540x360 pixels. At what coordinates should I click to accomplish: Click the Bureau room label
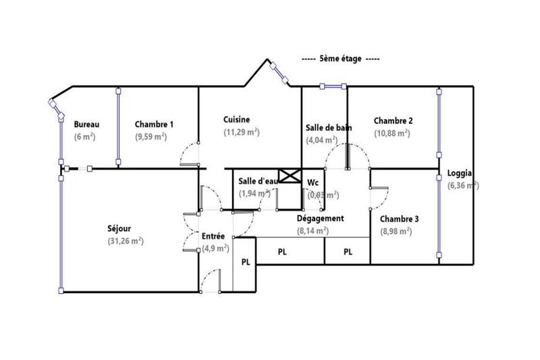(87, 124)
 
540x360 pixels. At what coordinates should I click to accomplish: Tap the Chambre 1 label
(154, 124)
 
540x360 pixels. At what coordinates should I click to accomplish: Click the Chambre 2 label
(394, 121)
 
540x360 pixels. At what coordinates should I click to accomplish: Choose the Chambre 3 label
(399, 219)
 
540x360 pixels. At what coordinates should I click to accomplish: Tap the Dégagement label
(321, 218)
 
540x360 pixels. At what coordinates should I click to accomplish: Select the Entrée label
(213, 236)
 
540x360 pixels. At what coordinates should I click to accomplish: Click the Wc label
(313, 182)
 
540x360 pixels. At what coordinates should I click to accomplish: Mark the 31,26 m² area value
(126, 241)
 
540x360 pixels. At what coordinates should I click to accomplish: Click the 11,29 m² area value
(242, 132)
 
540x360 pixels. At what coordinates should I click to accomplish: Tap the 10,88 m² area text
(392, 134)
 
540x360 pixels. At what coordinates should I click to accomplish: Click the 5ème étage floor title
(340, 59)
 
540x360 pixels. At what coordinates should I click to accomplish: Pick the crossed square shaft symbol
(289, 176)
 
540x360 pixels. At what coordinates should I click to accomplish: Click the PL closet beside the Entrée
(246, 263)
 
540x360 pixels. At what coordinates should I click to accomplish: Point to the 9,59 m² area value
(151, 137)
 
